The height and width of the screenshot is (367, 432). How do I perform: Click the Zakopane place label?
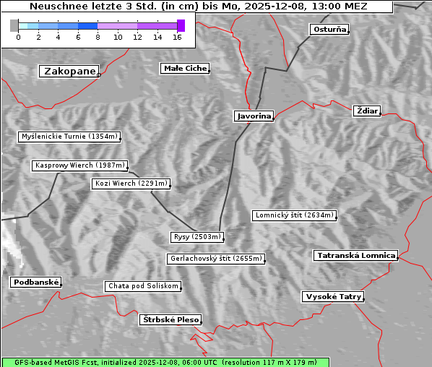(69, 72)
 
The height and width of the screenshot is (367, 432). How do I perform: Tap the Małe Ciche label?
(185, 69)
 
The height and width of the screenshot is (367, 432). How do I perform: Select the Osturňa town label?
(329, 30)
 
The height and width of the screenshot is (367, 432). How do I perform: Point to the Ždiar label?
(367, 111)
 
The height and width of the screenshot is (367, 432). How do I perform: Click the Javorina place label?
(254, 116)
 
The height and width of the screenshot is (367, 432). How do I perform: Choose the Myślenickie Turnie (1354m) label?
(69, 137)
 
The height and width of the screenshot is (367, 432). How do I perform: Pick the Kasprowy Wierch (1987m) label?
(80, 165)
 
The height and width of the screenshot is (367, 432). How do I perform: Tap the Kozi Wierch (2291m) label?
(131, 183)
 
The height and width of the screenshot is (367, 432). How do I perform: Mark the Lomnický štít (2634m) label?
(294, 215)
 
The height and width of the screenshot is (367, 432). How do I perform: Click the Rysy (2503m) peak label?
(197, 237)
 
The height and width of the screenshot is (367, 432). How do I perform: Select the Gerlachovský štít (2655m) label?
(215, 259)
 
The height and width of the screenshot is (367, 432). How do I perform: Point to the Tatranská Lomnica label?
(355, 256)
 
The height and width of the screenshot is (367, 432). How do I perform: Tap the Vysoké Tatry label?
(333, 297)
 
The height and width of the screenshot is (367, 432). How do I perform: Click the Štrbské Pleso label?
(169, 319)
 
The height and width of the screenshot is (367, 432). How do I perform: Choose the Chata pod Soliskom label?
(142, 286)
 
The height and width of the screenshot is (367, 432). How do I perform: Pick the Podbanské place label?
(35, 282)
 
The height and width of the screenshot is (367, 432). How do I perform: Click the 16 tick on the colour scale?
(177, 37)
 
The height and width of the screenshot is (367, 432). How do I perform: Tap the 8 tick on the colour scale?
(98, 37)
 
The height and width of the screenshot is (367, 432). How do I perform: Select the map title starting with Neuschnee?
(196, 7)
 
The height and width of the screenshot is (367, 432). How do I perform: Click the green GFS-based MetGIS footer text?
(165, 362)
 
